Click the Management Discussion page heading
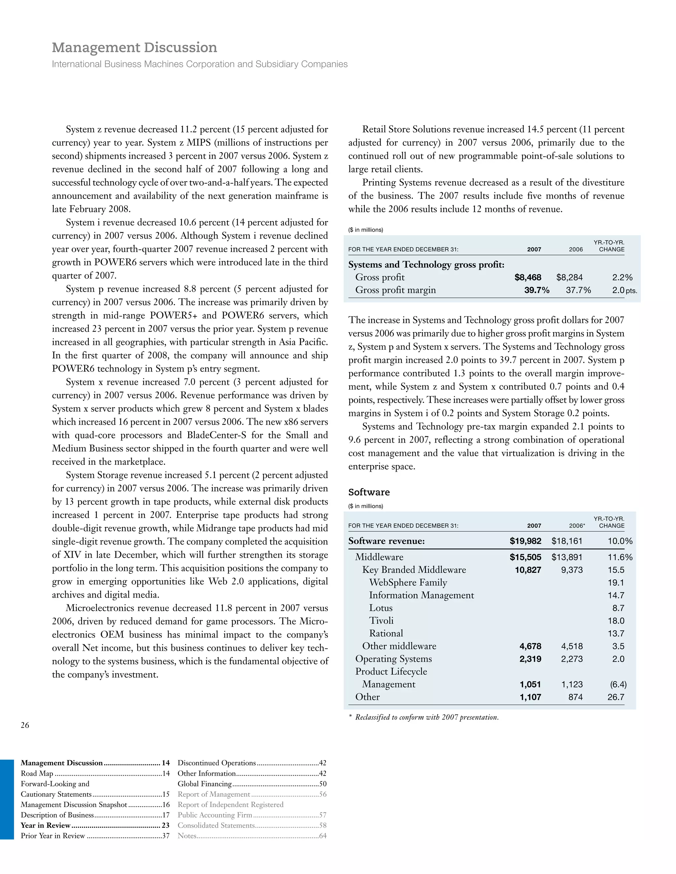[134, 48]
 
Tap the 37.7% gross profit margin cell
[578, 290]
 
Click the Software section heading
[369, 492]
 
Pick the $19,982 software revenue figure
[525, 541]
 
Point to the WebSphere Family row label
[408, 583]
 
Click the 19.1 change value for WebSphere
[616, 583]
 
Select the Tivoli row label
[381, 621]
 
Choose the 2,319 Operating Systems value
[530, 659]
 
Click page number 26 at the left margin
[25, 725]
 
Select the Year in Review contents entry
[46, 825]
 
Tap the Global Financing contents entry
[205, 783]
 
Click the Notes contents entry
[187, 836]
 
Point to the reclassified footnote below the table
[426, 717]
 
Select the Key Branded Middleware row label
[414, 570]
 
